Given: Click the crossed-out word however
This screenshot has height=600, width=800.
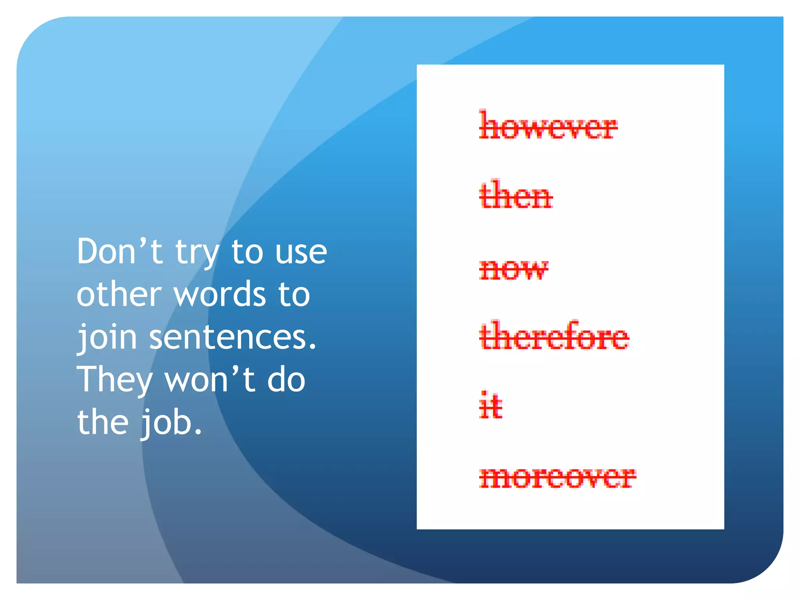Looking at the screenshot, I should coord(548,126).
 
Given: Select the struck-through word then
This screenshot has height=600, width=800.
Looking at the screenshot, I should coord(516,195).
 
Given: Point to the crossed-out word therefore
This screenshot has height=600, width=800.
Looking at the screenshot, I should coord(554,336).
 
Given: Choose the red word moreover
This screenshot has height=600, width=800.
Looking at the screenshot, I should coord(557,477).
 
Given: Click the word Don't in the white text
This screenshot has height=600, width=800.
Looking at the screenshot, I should coord(120,252).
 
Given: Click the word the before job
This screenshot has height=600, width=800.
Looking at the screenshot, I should coord(103,423).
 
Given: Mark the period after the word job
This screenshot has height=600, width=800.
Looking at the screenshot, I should coord(198,432).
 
